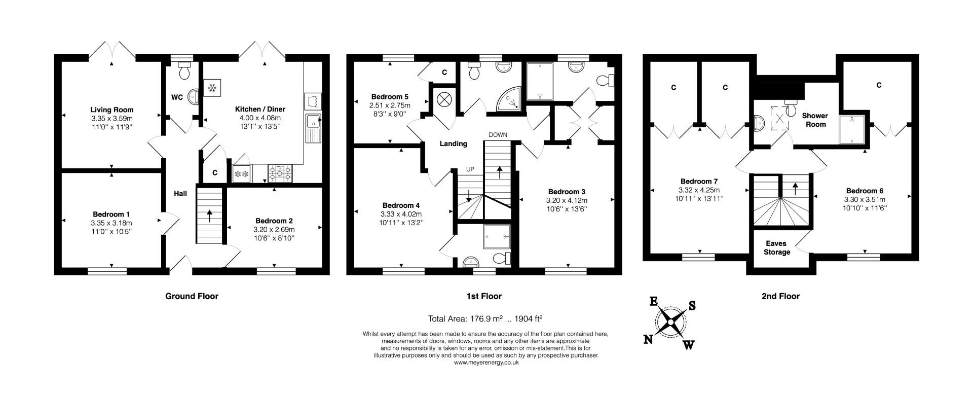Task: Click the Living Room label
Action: pos(112,110)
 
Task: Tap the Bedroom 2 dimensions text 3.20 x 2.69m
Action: pos(274,229)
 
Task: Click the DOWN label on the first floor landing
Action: pos(498,135)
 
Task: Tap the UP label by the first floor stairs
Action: pos(470,169)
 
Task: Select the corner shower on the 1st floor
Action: pos(508,98)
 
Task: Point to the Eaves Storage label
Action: pos(777,248)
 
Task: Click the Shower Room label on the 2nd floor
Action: pos(814,120)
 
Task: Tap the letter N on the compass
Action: pos(648,340)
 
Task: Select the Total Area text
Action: pos(485,319)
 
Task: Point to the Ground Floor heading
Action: pos(192,296)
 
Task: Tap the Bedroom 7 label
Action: pos(699,182)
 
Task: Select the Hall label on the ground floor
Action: pos(180,194)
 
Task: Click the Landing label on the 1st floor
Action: pos(453,144)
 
